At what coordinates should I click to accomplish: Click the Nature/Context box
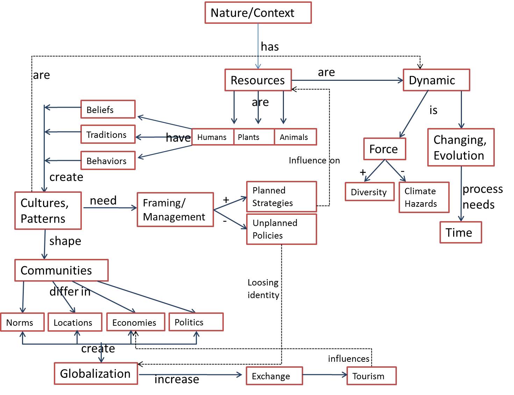tap(258, 13)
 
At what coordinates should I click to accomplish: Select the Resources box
tap(258, 80)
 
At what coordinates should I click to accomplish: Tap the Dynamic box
tap(436, 80)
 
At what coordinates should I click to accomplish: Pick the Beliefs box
tap(108, 110)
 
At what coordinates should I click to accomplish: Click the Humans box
tap(212, 137)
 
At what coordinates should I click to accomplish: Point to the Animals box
tap(295, 137)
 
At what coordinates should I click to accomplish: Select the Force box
tap(385, 149)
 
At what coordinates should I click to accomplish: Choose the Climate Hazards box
tap(424, 197)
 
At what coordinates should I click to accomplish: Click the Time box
tap(461, 232)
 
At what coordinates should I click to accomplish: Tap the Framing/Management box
tap(175, 210)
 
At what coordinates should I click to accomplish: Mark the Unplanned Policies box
tap(281, 229)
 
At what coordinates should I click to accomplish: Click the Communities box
tap(62, 270)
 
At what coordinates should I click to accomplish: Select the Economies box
tap(136, 322)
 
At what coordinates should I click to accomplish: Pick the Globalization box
tap(96, 373)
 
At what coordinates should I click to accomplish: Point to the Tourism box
tap(372, 376)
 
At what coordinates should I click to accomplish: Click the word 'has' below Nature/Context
tap(270, 47)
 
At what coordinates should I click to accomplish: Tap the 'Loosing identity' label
tap(263, 289)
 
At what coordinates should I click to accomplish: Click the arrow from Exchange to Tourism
tap(325, 375)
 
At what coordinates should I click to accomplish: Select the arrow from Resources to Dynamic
tap(347, 80)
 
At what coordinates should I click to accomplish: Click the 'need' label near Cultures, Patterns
tap(103, 200)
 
